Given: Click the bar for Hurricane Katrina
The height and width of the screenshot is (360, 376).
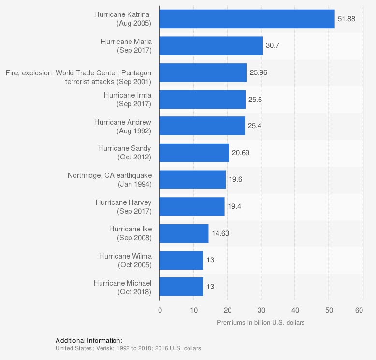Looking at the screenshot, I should pyautogui.click(x=247, y=19).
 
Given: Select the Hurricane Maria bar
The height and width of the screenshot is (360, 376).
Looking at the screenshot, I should pyautogui.click(x=211, y=46).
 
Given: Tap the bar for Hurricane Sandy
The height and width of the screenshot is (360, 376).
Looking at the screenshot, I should pyautogui.click(x=194, y=153).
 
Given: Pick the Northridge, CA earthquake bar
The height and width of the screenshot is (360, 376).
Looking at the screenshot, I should pyautogui.click(x=192, y=179).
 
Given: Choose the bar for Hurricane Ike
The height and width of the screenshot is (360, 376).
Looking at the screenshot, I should pyautogui.click(x=184, y=233).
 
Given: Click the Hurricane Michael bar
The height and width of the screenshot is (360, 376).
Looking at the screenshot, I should pyautogui.click(x=181, y=287).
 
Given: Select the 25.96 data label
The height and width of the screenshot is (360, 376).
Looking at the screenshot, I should pyautogui.click(x=258, y=72).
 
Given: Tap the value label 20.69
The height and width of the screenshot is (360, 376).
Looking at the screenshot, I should pyautogui.click(x=240, y=153).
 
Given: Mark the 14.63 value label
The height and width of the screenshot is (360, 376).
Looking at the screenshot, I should pyautogui.click(x=220, y=233).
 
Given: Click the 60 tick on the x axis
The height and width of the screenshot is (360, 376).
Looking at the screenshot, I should pyautogui.click(x=359, y=310).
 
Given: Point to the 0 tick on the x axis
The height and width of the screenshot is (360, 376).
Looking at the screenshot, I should pyautogui.click(x=160, y=310).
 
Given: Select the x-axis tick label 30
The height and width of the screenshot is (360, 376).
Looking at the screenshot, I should pyautogui.click(x=260, y=310).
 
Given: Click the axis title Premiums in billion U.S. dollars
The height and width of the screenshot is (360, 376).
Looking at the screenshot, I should pyautogui.click(x=261, y=322).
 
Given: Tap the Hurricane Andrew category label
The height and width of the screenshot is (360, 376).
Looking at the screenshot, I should pyautogui.click(x=123, y=126).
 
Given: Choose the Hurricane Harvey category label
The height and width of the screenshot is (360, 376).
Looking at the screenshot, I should pyautogui.click(x=123, y=206).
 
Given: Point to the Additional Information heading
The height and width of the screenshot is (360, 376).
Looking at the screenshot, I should pyautogui.click(x=89, y=340).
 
